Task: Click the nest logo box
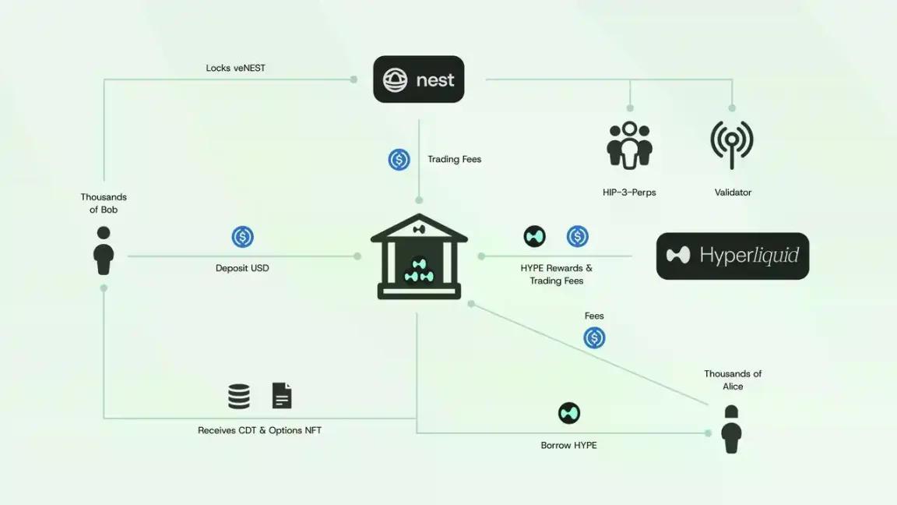tap(419, 79)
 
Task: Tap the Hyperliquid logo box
tap(732, 256)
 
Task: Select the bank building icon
tap(420, 256)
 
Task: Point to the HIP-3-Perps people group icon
tap(629, 146)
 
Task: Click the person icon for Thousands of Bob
tap(104, 251)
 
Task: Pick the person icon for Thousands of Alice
tap(731, 429)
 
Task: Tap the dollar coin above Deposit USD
tap(243, 236)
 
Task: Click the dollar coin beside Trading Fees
tap(399, 159)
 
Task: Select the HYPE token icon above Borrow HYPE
tap(568, 413)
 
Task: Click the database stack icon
tap(238, 396)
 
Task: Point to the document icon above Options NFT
tap(282, 396)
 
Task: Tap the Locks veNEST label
tap(236, 68)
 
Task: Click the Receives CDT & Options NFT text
tap(260, 430)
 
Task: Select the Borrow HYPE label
tap(568, 445)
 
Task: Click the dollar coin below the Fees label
tap(594, 337)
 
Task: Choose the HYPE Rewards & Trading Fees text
tap(556, 274)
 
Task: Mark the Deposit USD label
tap(242, 268)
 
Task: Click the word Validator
tap(733, 192)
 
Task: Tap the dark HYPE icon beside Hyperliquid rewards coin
tap(534, 236)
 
